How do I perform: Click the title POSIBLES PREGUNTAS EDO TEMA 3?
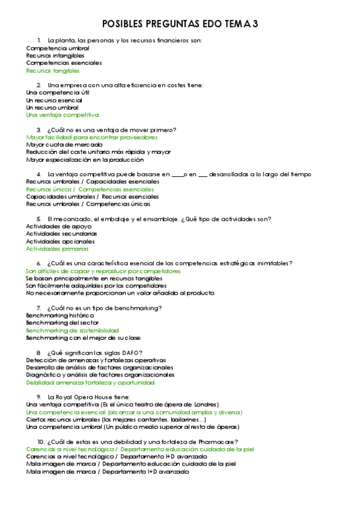click(180, 23)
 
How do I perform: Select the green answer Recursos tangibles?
click(53, 70)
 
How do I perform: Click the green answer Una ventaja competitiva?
click(63, 114)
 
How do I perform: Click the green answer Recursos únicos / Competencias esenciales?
click(90, 189)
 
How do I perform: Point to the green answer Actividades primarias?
click(57, 248)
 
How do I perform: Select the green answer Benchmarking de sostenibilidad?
click(72, 330)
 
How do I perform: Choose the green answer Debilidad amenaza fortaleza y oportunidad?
click(90, 382)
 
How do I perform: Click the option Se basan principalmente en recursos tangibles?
click(94, 278)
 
